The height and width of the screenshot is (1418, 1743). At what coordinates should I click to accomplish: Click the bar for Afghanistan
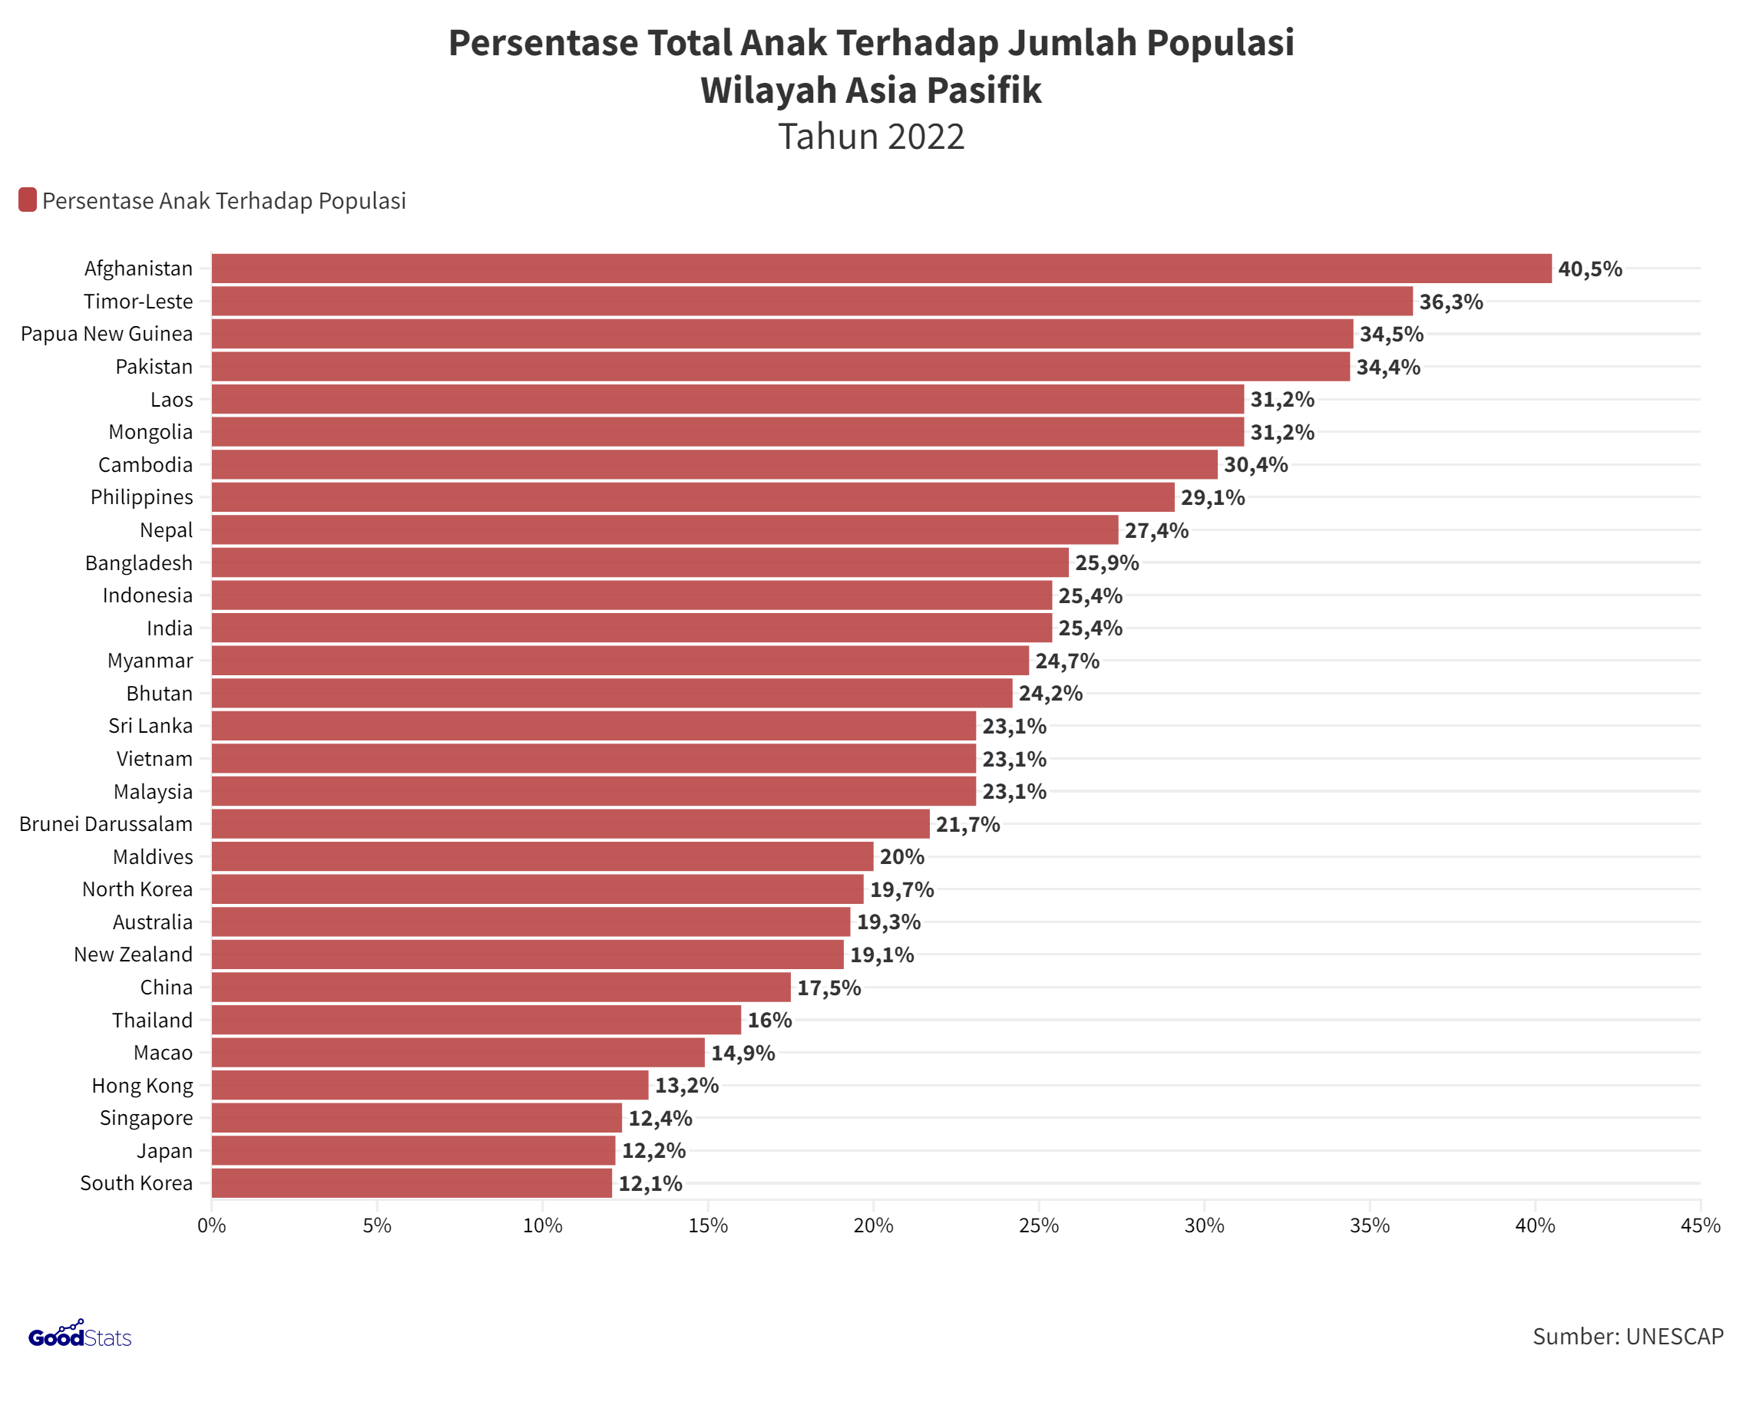(x=881, y=269)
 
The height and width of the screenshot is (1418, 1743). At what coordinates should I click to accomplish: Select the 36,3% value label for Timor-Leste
(x=1450, y=302)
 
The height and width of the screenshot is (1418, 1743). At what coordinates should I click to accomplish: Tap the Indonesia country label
(x=148, y=595)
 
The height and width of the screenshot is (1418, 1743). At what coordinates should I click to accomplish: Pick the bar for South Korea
(x=412, y=1182)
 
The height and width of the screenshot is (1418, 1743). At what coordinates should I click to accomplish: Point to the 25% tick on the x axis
(x=1039, y=1225)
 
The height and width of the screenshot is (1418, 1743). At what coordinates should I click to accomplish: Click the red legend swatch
(x=27, y=200)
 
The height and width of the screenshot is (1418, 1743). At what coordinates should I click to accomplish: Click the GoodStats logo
(x=79, y=1337)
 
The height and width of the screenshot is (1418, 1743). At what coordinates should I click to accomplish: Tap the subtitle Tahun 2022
(x=871, y=137)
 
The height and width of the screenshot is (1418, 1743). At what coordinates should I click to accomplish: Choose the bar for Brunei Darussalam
(x=571, y=823)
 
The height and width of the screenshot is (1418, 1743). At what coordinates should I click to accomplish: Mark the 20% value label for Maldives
(x=901, y=857)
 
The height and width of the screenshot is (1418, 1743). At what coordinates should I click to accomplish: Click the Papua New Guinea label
(x=107, y=334)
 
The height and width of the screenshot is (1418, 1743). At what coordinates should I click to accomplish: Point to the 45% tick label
(x=1701, y=1225)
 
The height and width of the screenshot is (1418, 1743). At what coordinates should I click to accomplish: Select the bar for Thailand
(x=476, y=1020)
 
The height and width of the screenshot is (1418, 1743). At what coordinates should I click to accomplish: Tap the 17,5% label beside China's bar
(x=829, y=988)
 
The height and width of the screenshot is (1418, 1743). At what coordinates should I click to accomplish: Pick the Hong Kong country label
(x=142, y=1086)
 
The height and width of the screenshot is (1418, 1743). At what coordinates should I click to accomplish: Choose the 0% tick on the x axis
(x=212, y=1225)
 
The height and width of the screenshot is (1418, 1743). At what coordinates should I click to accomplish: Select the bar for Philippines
(x=693, y=496)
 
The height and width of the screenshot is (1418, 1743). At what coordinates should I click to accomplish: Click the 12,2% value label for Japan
(x=653, y=1150)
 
